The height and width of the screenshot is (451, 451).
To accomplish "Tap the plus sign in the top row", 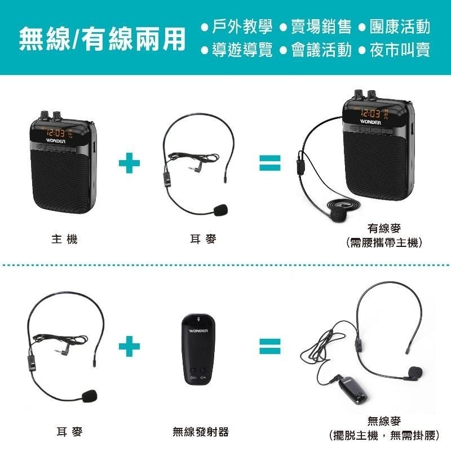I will point(130,163).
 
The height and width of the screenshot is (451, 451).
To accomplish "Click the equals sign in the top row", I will point(269,163).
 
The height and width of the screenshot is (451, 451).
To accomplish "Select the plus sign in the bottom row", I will point(130,345).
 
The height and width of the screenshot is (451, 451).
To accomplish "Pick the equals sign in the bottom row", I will point(269,345).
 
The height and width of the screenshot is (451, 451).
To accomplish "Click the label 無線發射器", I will point(201,432).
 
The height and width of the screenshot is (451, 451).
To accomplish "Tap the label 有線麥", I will point(385,229).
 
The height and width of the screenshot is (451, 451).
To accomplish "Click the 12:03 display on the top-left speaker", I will point(55,134).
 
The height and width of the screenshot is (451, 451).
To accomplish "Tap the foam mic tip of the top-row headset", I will point(220,210).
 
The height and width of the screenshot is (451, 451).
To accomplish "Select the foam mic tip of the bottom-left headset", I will point(89,396).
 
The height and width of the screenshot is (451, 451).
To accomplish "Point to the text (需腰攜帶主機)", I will point(385,243).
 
